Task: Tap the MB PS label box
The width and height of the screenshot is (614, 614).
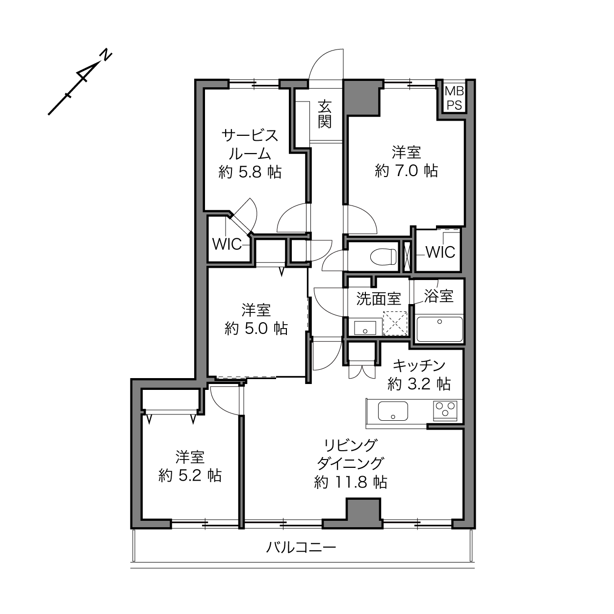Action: tap(454, 99)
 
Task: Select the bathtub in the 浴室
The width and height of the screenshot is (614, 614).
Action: tap(440, 329)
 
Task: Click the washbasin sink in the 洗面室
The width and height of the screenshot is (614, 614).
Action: tap(365, 328)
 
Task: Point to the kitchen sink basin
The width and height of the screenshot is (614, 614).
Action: tap(393, 411)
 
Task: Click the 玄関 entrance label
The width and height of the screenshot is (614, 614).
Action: tap(325, 114)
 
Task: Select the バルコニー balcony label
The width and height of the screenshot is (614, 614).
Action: tap(301, 548)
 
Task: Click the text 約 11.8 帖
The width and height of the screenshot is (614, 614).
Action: tap(351, 483)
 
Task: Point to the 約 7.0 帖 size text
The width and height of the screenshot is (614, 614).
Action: tap(406, 171)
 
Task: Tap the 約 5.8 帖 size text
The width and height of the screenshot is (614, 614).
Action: tap(250, 172)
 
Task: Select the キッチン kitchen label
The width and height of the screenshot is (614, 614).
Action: tap(419, 365)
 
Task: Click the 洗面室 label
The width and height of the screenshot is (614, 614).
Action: tap(379, 299)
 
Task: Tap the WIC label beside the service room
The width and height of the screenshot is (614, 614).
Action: tap(227, 244)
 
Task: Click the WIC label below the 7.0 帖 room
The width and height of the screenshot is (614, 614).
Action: tap(441, 252)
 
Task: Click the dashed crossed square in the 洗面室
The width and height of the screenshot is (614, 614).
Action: tap(395, 323)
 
